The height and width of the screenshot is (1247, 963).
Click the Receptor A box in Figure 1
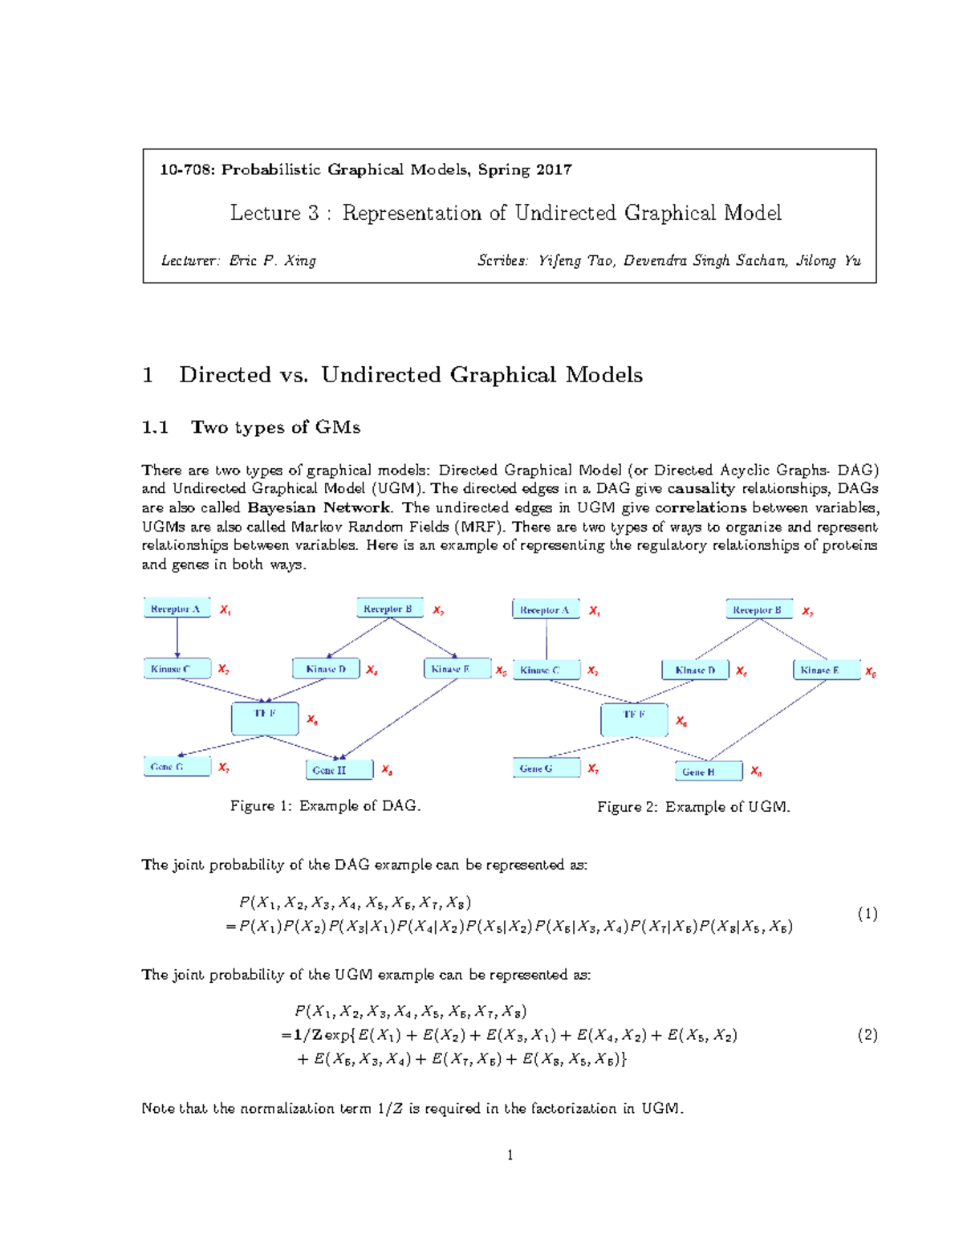coord(177,608)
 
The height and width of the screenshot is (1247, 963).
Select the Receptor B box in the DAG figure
coord(389,608)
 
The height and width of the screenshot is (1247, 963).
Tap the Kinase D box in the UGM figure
coord(695,670)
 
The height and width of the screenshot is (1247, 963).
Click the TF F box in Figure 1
coord(265,718)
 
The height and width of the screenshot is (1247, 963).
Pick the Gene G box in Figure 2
coord(546,768)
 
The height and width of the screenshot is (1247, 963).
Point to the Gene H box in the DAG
coord(339,770)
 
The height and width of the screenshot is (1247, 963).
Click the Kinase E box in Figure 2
coord(827,670)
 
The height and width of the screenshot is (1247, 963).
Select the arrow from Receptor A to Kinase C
coord(177,638)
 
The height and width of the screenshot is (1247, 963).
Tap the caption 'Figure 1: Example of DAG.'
coord(325,805)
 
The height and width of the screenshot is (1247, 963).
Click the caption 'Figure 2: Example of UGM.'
coord(693,807)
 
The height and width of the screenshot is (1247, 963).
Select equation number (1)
coord(867,914)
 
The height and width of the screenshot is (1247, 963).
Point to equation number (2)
coord(867,1035)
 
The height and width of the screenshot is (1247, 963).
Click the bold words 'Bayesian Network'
coord(319,507)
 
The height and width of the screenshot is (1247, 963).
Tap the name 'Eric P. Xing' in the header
coord(272,260)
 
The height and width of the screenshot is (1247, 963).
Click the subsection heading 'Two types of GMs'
coord(275,427)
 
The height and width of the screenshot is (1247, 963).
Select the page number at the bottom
coord(510,1155)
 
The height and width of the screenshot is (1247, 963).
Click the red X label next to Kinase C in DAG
coord(223,669)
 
